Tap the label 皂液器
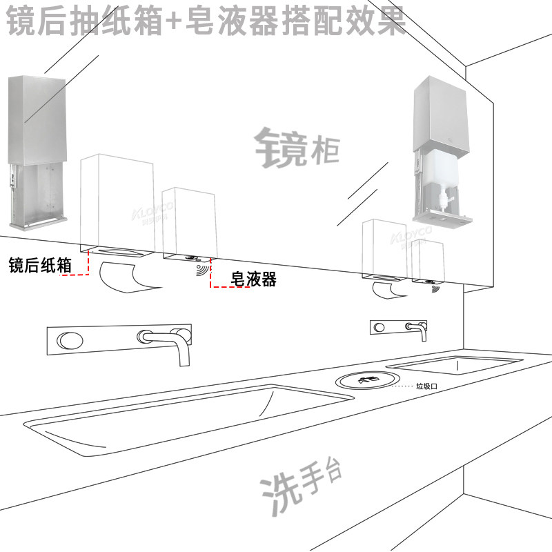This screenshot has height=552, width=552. pyautogui.click(x=253, y=279)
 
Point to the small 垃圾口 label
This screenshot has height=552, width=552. pyautogui.click(x=426, y=387)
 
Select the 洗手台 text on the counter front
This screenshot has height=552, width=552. pyautogui.click(x=301, y=488)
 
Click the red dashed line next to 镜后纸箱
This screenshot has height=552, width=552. pyautogui.click(x=78, y=274)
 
